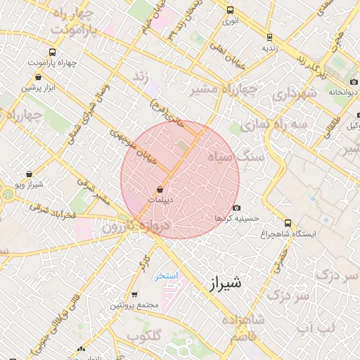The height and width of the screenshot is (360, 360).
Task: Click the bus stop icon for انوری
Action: tap(230, 10)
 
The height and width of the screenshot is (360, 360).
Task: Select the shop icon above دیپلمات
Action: tap(160, 189)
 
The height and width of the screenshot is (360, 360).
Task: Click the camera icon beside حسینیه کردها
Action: tap(236, 207)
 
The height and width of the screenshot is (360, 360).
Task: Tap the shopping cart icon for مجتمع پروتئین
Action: tap(134, 295)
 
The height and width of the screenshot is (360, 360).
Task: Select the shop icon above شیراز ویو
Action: tap(28, 174)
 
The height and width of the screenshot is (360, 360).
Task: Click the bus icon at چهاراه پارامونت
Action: tap(53, 52)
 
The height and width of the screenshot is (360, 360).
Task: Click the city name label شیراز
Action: tap(225, 283)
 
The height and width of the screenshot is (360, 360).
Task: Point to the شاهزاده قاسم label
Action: tap(243, 328)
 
